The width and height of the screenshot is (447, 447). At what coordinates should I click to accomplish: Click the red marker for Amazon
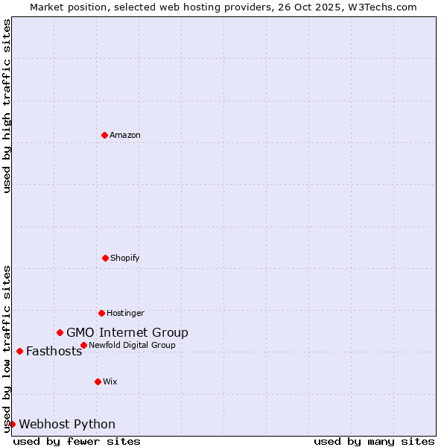[104, 135]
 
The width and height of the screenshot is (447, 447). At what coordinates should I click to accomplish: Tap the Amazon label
[125, 135]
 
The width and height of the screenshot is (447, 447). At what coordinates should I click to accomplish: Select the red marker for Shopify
[105, 258]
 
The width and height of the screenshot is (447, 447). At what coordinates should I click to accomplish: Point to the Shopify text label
[125, 258]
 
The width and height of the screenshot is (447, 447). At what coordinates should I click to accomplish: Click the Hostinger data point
[101, 313]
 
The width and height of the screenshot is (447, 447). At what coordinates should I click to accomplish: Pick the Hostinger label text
[125, 313]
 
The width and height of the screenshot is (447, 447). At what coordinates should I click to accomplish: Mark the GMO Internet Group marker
[60, 332]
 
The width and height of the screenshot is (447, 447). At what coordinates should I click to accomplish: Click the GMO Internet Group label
[127, 332]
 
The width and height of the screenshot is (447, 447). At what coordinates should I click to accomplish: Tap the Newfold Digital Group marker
[83, 345]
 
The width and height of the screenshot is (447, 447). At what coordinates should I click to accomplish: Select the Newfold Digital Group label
[132, 345]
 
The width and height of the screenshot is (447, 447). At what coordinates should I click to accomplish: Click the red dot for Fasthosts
[19, 351]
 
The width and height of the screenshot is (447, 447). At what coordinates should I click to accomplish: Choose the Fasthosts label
[54, 352]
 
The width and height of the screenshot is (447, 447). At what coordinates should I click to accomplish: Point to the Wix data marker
[98, 381]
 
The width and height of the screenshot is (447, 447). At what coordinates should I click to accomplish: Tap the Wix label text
[110, 381]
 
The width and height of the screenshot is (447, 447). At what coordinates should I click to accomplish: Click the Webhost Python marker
[12, 424]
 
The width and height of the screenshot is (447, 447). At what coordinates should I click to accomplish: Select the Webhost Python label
[67, 425]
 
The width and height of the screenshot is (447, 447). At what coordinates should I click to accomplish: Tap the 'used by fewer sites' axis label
[77, 441]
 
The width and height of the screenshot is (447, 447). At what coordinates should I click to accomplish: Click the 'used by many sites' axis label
[374, 441]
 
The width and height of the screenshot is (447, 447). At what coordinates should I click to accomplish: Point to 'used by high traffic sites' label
[7, 106]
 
